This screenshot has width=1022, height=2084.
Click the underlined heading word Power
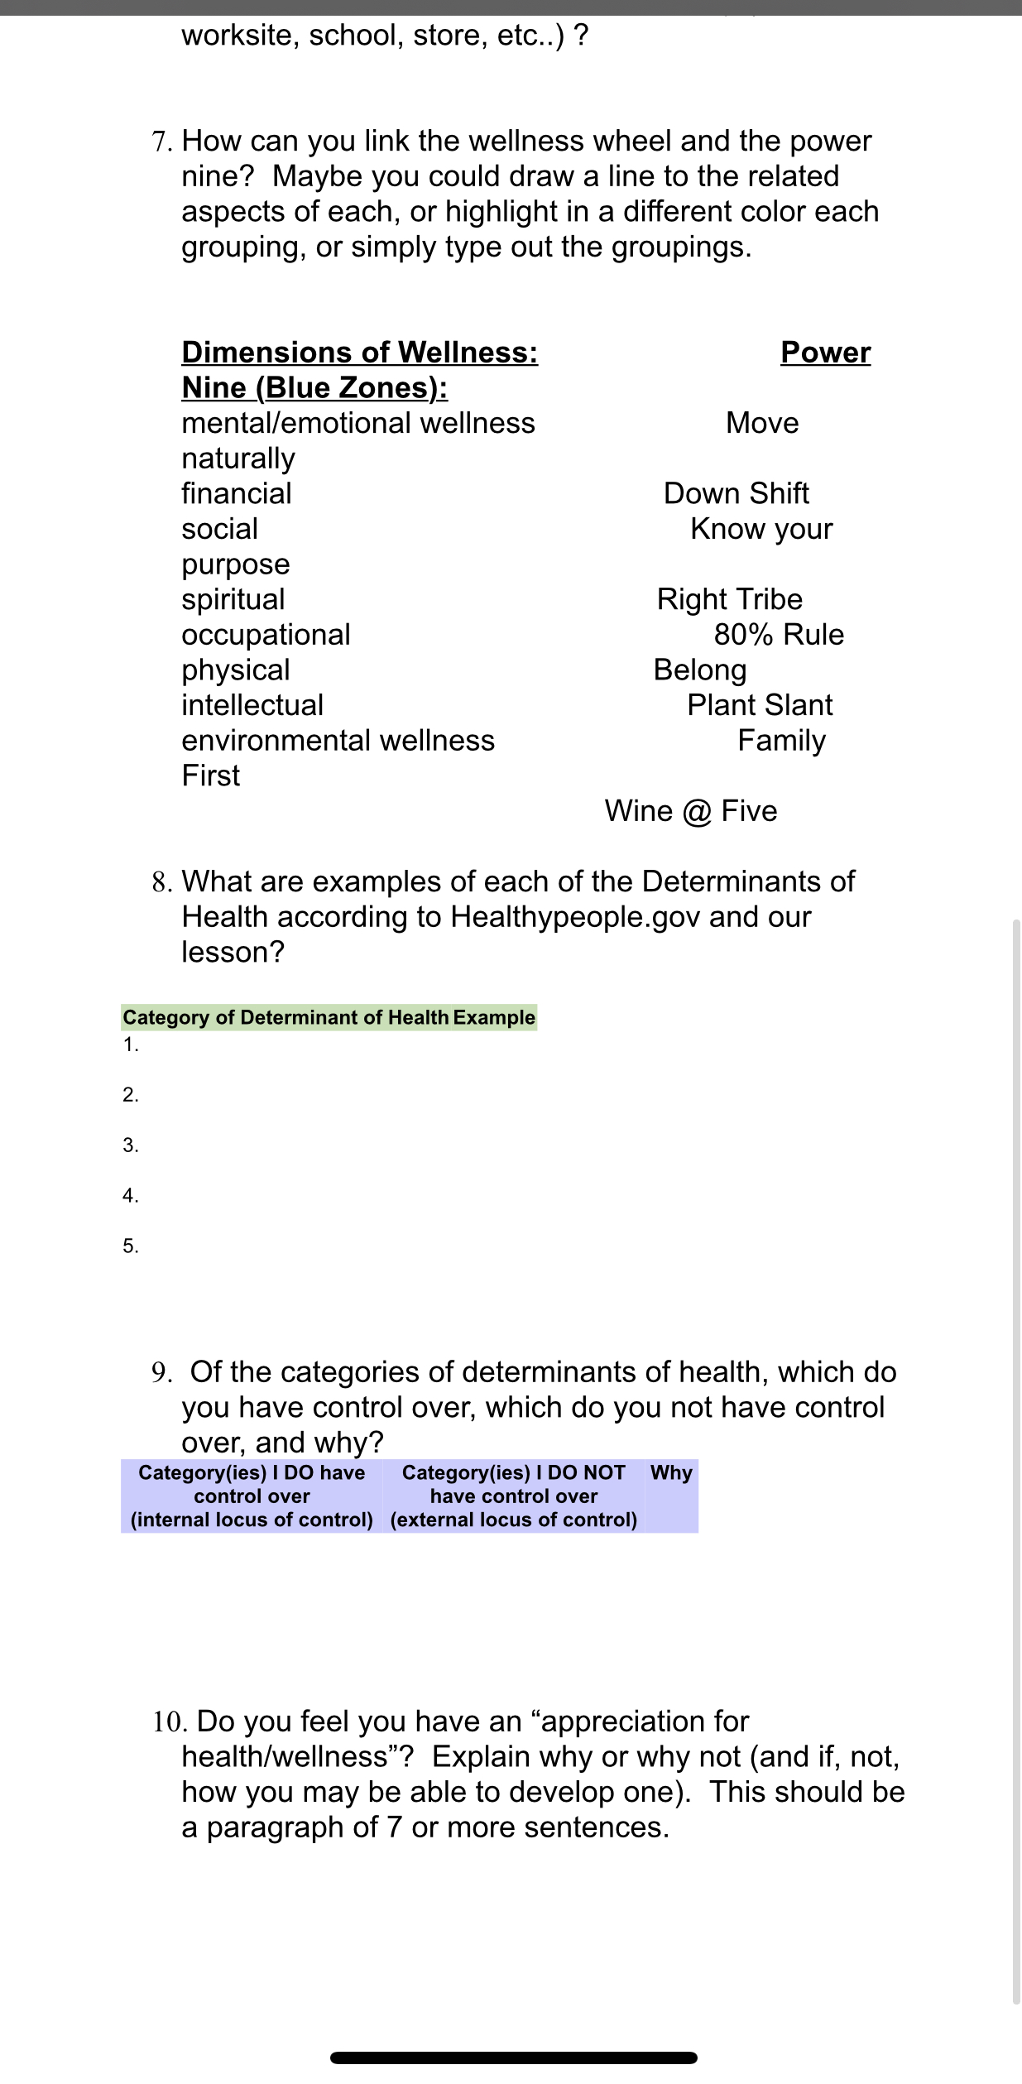tap(825, 353)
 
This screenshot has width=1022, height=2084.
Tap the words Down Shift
tap(736, 493)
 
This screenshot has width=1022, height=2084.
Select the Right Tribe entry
tap(729, 599)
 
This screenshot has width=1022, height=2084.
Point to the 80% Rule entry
tap(779, 635)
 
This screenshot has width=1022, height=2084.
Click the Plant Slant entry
tap(759, 705)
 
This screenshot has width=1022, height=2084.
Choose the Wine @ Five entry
tap(691, 811)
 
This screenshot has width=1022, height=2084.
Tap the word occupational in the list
tap(266, 635)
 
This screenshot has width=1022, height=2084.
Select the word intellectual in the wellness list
tap(252, 705)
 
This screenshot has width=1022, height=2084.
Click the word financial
tap(237, 493)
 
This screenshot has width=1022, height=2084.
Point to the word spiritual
tap(233, 599)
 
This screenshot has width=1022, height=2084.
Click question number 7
tap(161, 142)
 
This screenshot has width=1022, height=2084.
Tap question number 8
tap(161, 882)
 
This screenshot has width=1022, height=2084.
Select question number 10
tap(170, 1721)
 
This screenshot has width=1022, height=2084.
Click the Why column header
tap(671, 1472)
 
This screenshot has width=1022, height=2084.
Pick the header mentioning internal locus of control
tap(252, 1496)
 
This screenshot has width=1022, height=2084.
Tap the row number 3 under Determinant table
tap(131, 1145)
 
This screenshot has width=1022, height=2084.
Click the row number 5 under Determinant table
tap(131, 1246)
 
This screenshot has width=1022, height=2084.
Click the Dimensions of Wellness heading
tap(359, 353)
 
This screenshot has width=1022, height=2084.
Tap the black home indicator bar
tap(513, 2058)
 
